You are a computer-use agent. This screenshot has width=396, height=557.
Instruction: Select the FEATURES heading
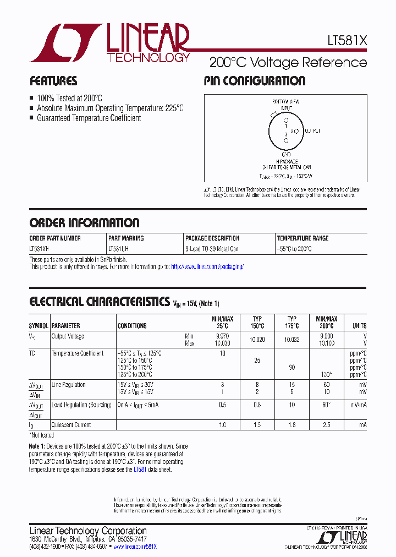[x=53, y=81]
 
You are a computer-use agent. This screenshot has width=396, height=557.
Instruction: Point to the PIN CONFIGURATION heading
[x=254, y=81]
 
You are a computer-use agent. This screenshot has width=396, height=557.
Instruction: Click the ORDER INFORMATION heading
[x=84, y=223]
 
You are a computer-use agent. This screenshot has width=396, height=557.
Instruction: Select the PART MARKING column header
[x=126, y=238]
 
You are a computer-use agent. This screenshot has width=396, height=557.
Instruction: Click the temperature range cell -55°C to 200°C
[x=294, y=249]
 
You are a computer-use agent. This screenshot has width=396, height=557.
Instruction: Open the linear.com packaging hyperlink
[x=207, y=267]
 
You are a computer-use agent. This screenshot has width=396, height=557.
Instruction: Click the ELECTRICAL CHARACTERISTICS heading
[x=99, y=302]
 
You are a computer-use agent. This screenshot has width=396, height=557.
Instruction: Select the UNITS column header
[x=359, y=326]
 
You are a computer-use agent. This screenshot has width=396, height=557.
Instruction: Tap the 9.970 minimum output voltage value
[x=223, y=336]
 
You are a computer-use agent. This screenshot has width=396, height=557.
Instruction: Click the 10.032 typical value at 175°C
[x=291, y=340]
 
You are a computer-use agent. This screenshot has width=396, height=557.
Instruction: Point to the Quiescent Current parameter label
[x=71, y=425]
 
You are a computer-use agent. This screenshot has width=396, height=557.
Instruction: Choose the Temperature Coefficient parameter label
[x=78, y=353]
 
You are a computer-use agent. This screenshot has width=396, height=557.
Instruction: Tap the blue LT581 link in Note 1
[x=141, y=469]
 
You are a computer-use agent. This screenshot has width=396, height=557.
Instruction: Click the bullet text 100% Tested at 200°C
[x=69, y=97]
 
